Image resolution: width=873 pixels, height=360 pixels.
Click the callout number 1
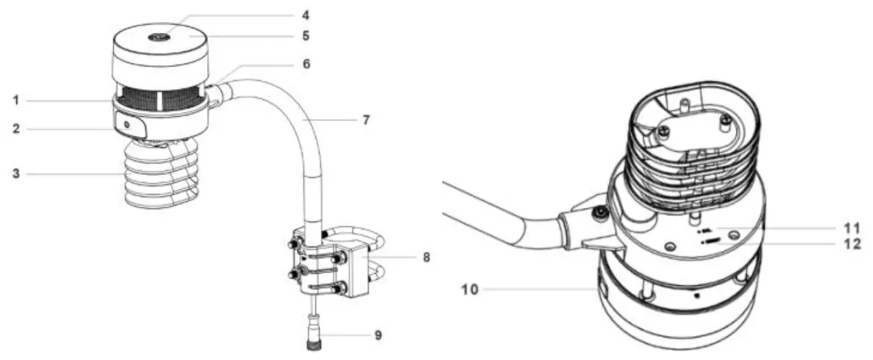(x=15, y=101)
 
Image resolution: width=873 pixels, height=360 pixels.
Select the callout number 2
(x=15, y=129)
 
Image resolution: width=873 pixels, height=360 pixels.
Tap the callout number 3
(x=15, y=173)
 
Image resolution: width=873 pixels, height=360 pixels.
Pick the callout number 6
(x=305, y=64)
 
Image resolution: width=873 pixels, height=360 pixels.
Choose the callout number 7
(x=366, y=120)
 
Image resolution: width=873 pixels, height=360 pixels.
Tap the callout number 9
(x=378, y=335)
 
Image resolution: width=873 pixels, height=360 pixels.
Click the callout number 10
(x=468, y=290)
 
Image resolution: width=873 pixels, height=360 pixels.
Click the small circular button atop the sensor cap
(x=160, y=37)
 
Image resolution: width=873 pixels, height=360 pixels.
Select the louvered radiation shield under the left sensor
(x=159, y=175)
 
